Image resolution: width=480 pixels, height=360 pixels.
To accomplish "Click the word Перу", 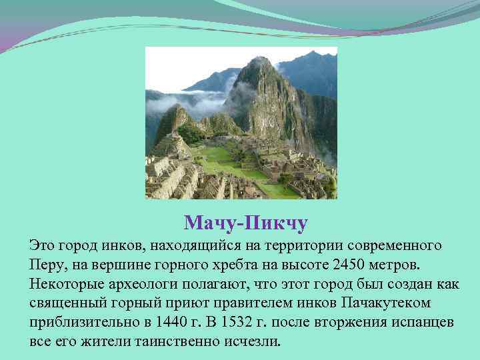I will point(46,265).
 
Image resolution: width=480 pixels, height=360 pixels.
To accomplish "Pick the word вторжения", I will point(338,323).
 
